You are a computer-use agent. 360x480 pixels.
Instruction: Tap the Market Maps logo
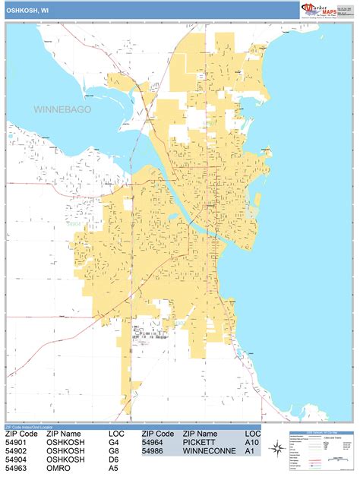click(324, 10)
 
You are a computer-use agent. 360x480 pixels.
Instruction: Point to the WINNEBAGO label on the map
click(62, 110)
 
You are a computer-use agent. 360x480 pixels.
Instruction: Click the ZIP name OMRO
click(60, 469)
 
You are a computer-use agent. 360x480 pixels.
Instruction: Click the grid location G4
click(114, 441)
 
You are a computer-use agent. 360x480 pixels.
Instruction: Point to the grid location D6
click(114, 460)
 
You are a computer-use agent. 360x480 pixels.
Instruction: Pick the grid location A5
click(114, 469)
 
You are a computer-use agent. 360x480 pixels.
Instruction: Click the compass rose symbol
click(276, 448)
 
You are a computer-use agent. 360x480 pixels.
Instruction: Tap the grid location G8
click(114, 450)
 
